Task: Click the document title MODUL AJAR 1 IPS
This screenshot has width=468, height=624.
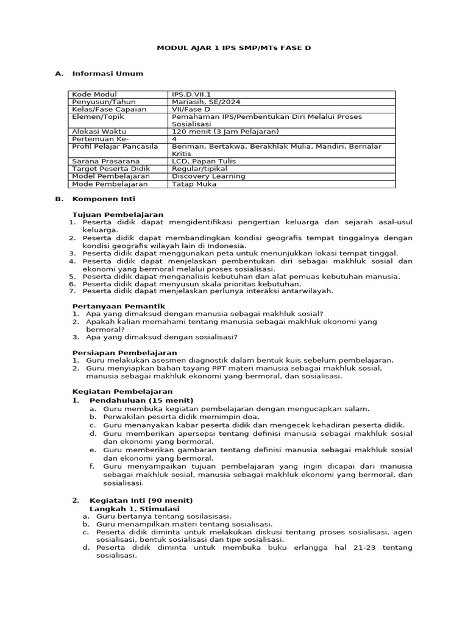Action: click(234, 47)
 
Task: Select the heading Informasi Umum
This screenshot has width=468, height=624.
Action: click(107, 74)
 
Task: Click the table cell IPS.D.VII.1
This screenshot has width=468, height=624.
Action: click(191, 94)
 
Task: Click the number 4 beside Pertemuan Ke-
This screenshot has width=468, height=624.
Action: click(175, 138)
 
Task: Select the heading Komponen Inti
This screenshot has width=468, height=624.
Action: click(104, 199)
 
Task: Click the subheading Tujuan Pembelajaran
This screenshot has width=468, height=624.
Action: click(118, 214)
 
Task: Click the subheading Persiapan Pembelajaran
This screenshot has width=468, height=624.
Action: click(124, 352)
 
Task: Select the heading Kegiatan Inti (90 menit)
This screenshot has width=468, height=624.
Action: click(141, 500)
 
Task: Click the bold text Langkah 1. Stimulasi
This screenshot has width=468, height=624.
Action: click(134, 508)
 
